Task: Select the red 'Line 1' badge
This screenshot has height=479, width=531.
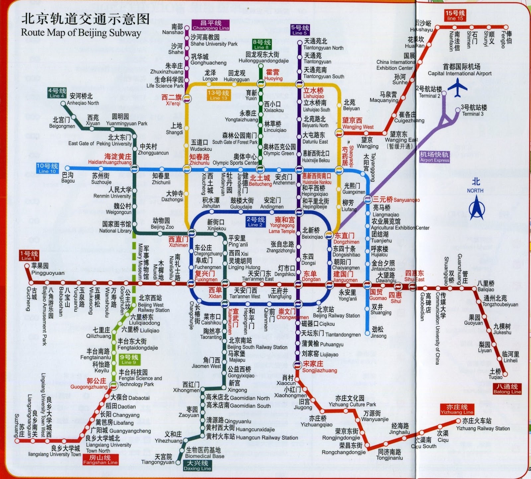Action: (x=29, y=255)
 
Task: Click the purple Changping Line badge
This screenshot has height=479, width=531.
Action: (x=210, y=25)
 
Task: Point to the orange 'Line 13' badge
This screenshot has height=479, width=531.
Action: (x=218, y=95)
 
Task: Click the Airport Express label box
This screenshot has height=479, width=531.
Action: (x=434, y=157)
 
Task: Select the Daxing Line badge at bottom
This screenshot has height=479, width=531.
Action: (x=197, y=465)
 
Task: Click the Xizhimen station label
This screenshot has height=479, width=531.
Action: (x=178, y=242)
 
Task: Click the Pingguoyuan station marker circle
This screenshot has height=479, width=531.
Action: (x=27, y=266)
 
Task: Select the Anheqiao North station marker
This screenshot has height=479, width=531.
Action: (x=63, y=104)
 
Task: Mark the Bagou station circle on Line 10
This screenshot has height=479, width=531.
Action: (x=68, y=169)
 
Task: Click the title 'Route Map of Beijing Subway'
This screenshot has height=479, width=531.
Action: (x=81, y=33)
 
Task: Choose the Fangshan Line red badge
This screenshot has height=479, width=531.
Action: (x=100, y=459)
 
